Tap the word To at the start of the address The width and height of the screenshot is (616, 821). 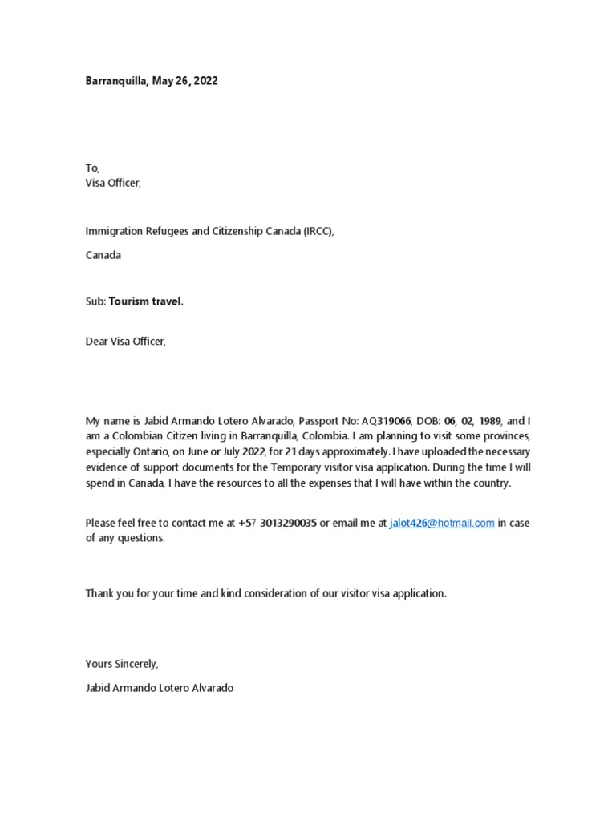(92, 168)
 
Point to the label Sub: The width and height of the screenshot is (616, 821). (95, 301)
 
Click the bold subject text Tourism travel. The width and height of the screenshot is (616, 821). (146, 301)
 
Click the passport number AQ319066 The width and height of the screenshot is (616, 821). (382, 421)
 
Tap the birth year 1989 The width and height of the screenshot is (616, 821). (490, 421)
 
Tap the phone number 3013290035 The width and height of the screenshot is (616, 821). (289, 523)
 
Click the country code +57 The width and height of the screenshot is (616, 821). (247, 523)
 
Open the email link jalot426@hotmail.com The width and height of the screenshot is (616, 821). (442, 523)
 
